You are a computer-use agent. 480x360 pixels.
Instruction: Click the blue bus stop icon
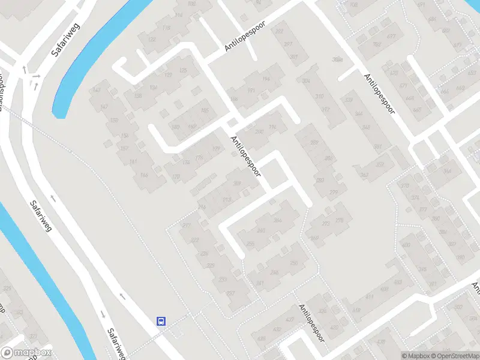[x=161, y=321]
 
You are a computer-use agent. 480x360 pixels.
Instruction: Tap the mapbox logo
[x=26, y=353]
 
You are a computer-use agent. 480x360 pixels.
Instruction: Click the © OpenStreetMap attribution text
[x=454, y=356]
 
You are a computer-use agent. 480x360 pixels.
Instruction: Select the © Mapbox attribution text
[x=415, y=356]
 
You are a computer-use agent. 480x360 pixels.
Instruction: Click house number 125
[x=183, y=71]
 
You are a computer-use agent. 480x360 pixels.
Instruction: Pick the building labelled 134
[x=154, y=88]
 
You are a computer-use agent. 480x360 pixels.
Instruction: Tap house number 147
[x=96, y=91]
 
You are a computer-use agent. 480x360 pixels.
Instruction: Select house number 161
[x=133, y=162]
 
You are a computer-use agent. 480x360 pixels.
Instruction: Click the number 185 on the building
[x=205, y=110]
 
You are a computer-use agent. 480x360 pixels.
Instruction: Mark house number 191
[x=251, y=90]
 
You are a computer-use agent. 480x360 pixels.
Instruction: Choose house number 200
[x=259, y=132]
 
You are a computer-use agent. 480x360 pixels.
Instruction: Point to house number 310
[x=319, y=97]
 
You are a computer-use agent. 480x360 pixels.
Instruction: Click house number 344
[x=359, y=114]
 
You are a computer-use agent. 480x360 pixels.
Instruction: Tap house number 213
[x=226, y=199]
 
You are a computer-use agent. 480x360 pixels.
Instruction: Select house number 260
[x=260, y=230]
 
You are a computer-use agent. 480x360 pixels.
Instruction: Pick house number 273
[x=326, y=224]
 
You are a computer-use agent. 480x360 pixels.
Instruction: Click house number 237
[x=230, y=293]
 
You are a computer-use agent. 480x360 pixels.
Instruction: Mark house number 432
[x=277, y=329]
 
